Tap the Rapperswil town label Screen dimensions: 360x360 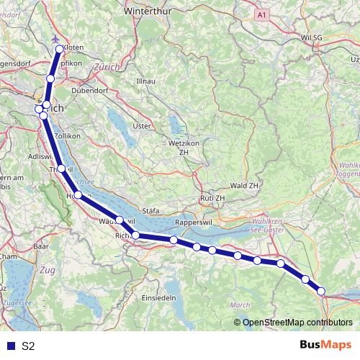click(190, 221)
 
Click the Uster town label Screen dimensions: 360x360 click(143, 126)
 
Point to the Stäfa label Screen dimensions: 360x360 click(150, 211)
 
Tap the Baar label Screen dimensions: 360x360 click(40, 246)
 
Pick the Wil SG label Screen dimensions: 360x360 click(314, 36)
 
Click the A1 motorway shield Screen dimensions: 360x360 click(263, 14)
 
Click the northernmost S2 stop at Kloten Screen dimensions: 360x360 click(60, 49)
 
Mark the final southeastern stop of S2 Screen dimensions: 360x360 click(321, 292)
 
